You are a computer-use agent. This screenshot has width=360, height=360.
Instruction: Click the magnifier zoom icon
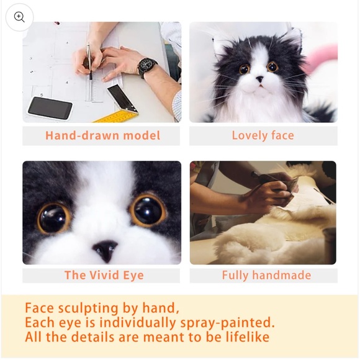tap(19, 17)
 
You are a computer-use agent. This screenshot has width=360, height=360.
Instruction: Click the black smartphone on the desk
tap(50, 108)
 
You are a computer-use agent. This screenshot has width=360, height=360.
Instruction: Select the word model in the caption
tap(142, 135)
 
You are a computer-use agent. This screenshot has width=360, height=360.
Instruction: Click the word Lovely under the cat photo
tap(250, 135)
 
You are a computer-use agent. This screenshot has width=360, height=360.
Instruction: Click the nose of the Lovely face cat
tap(260, 79)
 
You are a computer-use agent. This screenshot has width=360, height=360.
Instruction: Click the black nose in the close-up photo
tap(106, 250)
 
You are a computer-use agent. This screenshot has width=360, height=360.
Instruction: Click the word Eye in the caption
tap(133, 276)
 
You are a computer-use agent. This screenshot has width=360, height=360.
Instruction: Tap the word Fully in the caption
tap(235, 276)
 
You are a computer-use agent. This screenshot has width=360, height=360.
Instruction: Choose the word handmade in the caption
tap(282, 275)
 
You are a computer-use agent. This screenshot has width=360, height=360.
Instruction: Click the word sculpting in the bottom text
tap(88, 308)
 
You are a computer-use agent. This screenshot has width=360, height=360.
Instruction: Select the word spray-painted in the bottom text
tap(227, 323)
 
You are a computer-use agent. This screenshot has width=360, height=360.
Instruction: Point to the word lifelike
tap(247, 337)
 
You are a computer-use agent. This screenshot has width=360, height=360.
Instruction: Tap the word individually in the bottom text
tap(138, 323)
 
